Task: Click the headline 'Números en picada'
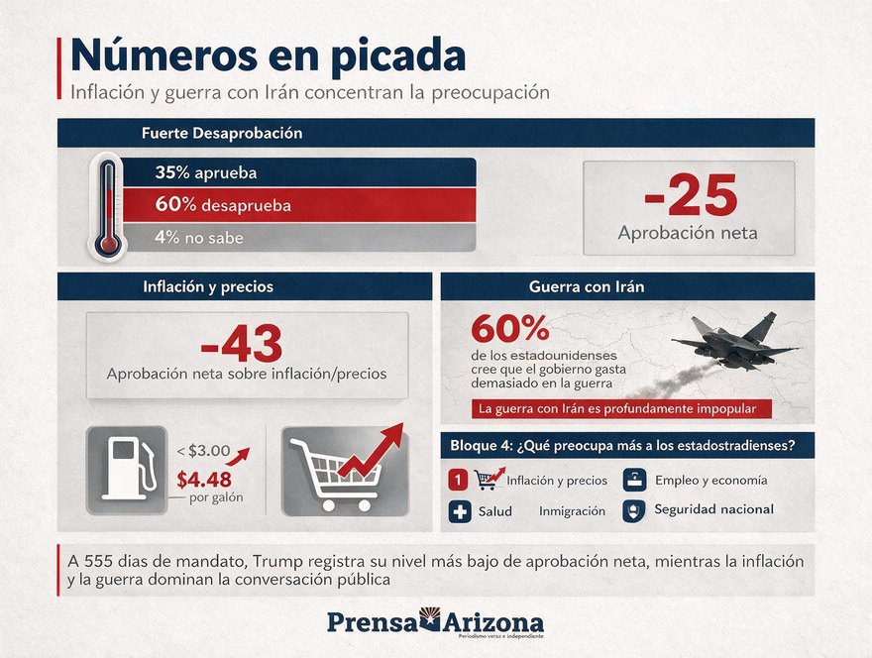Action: [268, 56]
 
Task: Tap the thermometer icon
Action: [108, 208]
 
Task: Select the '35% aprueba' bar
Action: [299, 172]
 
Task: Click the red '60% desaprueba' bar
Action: [299, 205]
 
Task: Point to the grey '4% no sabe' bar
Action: [299, 238]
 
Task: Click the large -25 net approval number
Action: [691, 195]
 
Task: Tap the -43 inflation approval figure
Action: [242, 343]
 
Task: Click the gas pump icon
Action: [128, 469]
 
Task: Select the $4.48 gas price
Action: [204, 479]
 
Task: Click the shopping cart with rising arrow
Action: [346, 470]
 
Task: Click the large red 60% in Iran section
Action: [510, 328]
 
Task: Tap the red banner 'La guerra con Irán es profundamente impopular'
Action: [621, 409]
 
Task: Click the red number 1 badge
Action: [458, 480]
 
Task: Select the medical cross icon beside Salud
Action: [460, 511]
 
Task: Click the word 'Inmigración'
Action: [573, 511]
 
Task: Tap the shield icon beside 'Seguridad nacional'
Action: [633, 510]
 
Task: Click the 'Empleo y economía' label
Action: [711, 480]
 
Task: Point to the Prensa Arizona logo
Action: [435, 623]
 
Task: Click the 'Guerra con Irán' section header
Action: [587, 286]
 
